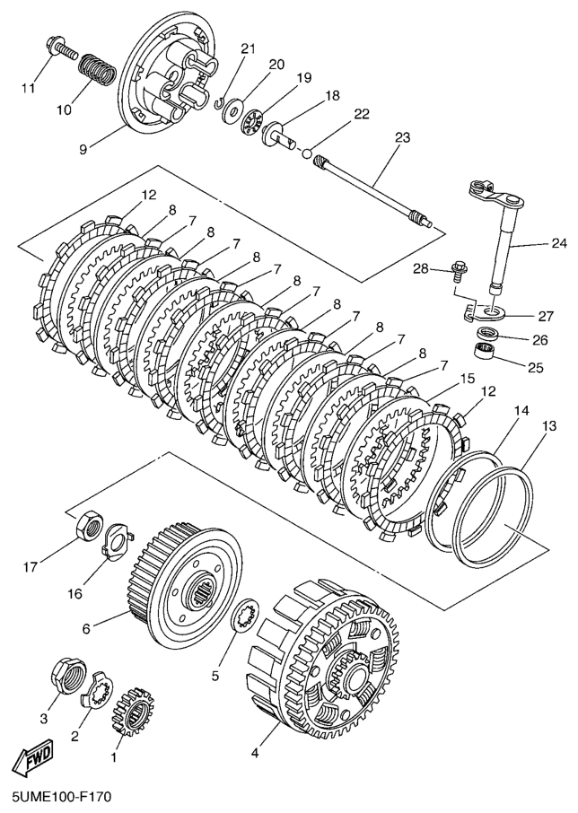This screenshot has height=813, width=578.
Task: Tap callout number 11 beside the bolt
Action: click(29, 88)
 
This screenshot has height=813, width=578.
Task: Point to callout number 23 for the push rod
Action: click(401, 137)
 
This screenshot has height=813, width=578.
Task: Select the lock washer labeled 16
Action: click(116, 542)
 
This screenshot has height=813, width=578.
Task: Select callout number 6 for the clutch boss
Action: click(87, 629)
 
